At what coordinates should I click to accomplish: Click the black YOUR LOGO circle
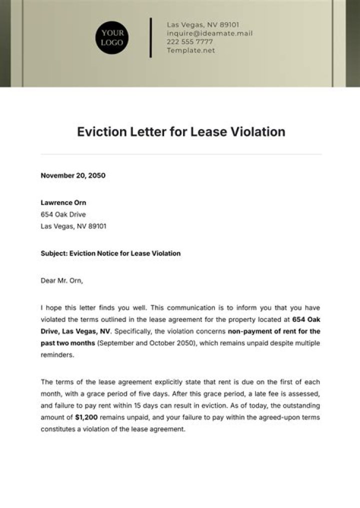(x=112, y=37)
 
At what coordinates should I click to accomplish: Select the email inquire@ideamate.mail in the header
(x=209, y=33)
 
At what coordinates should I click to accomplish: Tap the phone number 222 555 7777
(x=189, y=42)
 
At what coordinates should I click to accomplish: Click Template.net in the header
(x=190, y=50)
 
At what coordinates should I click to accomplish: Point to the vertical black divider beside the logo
(x=150, y=37)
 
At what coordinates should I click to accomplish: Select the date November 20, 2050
(x=73, y=175)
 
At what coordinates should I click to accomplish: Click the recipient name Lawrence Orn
(x=63, y=202)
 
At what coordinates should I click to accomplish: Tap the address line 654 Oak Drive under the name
(x=63, y=214)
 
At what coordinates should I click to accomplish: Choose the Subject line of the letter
(x=110, y=253)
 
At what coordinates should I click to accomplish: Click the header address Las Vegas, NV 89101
(x=203, y=25)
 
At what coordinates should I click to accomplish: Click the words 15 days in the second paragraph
(x=170, y=405)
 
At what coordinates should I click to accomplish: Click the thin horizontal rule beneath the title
(x=181, y=154)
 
